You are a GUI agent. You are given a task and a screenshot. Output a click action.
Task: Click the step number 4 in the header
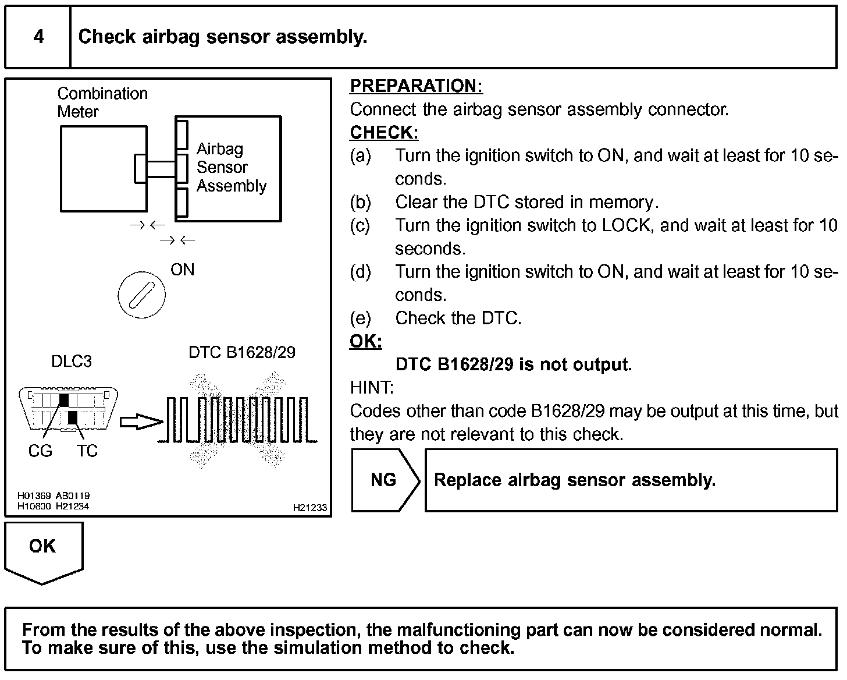pos(38,37)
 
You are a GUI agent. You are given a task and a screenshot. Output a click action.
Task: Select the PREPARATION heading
pos(416,86)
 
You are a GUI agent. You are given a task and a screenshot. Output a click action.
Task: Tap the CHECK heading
pos(384,133)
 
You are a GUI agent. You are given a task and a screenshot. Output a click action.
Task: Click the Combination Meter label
pos(102,102)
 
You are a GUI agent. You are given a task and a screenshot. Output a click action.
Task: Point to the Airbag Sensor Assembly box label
pos(231,167)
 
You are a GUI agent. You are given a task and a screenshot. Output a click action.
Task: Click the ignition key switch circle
pos(141,295)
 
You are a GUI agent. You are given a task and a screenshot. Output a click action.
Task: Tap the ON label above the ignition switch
pos(182,270)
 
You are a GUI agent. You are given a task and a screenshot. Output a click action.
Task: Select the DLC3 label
pos(72,362)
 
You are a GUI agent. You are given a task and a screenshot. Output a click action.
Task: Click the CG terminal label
pos(40,451)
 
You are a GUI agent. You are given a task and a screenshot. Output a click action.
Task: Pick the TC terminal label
pos(87,451)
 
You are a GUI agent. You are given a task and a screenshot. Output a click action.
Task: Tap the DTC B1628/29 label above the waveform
pos(242,352)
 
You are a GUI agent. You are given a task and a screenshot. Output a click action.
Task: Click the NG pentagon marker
pos(384,480)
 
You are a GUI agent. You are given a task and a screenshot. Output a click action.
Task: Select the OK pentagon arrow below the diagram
pos(43,550)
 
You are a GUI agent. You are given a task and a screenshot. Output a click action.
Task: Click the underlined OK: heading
pos(365,341)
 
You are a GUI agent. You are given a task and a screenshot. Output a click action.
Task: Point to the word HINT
pos(372,388)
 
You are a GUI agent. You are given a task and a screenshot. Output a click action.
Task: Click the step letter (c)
pos(360,225)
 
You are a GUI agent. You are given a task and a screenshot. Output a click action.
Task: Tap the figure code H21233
pos(310,508)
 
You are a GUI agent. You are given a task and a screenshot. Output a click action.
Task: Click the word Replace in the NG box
pos(468,480)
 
